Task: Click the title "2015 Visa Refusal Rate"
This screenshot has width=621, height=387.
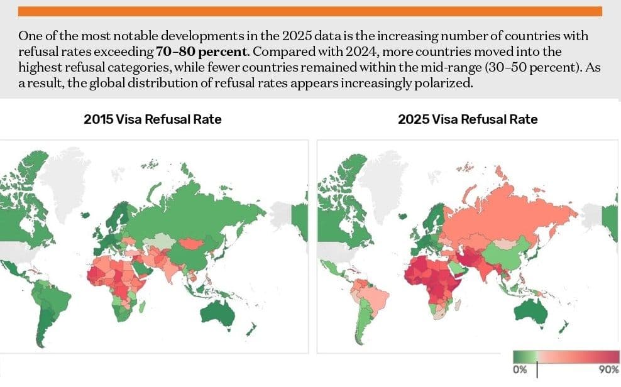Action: pos(153,119)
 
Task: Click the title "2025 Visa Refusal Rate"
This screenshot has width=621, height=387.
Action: pos(468,119)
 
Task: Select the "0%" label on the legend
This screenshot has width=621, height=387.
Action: pos(520,369)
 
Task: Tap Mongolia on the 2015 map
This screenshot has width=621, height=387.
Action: pos(191,243)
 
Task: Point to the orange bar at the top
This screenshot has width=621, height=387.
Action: pos(310,11)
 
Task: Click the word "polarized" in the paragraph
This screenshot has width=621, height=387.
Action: pos(440,84)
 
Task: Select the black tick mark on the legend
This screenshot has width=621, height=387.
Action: pos(537,369)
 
